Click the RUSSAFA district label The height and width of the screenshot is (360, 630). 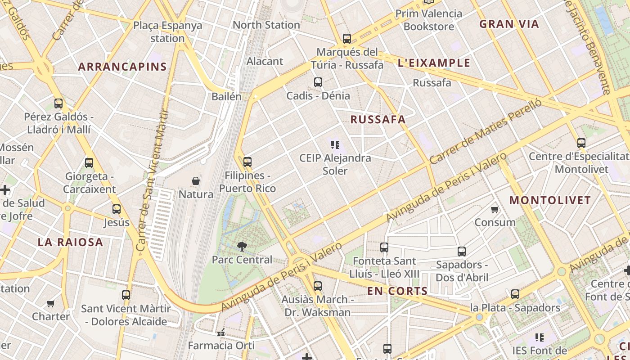click(x=378, y=120)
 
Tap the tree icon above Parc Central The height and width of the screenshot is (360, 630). click(x=242, y=246)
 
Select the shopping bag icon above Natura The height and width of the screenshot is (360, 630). click(x=196, y=181)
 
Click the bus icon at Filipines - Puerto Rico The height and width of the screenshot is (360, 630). click(x=247, y=162)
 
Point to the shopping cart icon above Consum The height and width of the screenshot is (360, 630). click(x=495, y=209)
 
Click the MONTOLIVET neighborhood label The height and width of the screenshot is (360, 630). click(x=550, y=201)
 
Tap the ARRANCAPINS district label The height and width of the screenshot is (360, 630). click(x=122, y=67)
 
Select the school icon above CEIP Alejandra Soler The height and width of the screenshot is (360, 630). click(x=335, y=145)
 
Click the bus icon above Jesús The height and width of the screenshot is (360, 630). click(x=117, y=209)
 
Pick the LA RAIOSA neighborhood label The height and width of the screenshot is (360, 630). click(x=70, y=243)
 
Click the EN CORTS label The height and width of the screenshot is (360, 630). click(x=397, y=291)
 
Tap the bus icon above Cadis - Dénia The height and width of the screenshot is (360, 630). click(x=318, y=82)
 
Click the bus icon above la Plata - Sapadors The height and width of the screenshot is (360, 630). click(x=515, y=294)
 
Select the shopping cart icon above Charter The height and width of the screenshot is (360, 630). click(x=51, y=303)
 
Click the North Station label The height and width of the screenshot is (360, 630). click(x=266, y=25)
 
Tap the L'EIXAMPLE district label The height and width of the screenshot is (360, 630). click(x=434, y=63)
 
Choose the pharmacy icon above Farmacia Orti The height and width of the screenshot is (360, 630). click(x=221, y=333)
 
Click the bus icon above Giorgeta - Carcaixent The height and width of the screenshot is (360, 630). click(x=89, y=163)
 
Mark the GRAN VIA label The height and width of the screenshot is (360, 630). click(x=509, y=24)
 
